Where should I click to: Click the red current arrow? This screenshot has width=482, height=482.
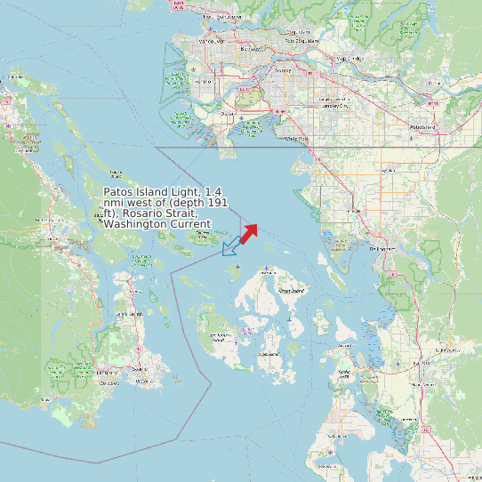(x=248, y=233)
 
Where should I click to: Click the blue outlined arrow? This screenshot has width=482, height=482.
(x=230, y=247)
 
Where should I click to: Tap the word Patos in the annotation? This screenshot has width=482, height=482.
(x=121, y=192)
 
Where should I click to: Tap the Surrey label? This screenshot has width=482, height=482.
(x=283, y=69)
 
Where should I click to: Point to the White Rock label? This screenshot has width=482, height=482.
(x=296, y=139)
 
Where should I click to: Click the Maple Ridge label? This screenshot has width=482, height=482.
(x=346, y=60)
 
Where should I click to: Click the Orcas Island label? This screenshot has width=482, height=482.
(x=291, y=291)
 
